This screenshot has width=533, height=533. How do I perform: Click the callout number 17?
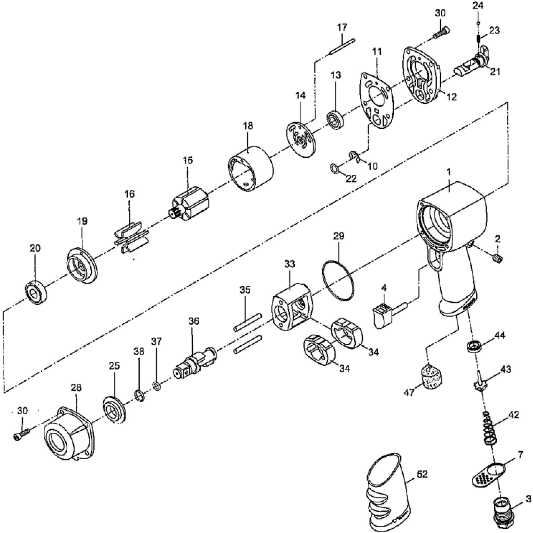coord(342,28)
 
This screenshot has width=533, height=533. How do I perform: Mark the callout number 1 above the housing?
coord(449,172)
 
